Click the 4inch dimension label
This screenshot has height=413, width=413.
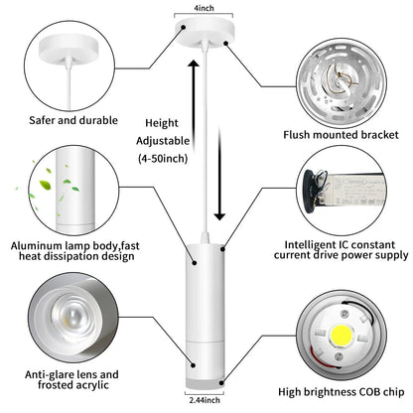tap(204, 8)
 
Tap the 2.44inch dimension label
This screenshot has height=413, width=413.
tap(205, 400)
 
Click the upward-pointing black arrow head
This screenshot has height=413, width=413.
tap(194, 64)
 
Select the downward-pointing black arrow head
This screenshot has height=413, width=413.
tap(219, 216)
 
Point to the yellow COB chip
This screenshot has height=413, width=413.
tap(342, 336)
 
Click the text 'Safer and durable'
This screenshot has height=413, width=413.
tap(73, 120)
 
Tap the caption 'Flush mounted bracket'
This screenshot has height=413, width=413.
tap(341, 135)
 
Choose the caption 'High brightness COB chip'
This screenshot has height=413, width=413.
tap(342, 392)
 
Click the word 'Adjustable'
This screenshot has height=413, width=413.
tap(163, 141)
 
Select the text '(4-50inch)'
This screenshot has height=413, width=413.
tap(163, 159)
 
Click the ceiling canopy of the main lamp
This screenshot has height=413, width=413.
tap(205, 34)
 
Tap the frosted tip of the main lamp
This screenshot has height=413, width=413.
tap(205, 384)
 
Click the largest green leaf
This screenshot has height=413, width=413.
tap(45, 185)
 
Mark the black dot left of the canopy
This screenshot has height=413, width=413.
tap(183, 28)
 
